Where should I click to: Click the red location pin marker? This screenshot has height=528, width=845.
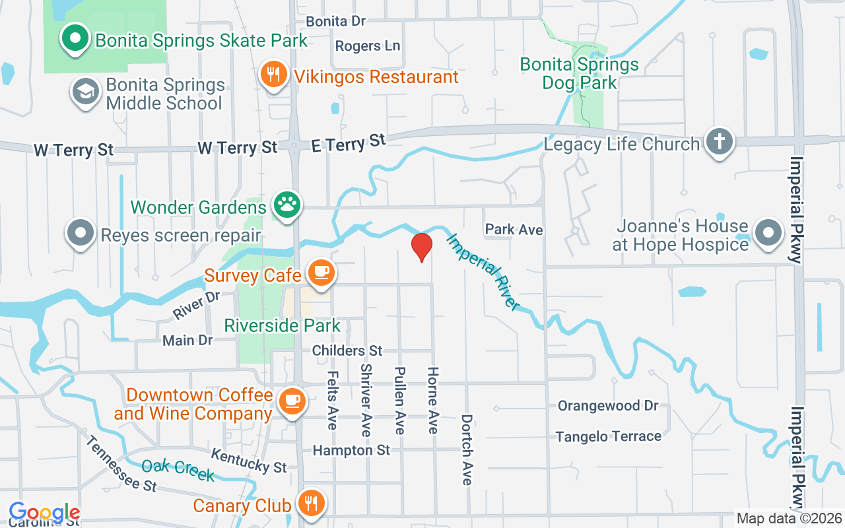click(421, 247)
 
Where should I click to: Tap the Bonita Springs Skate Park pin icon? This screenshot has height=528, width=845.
click(76, 39)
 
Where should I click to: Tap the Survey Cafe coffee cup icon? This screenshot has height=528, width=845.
click(321, 273)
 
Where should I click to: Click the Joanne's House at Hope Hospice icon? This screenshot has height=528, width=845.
click(768, 234)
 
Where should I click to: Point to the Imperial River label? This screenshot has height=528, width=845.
click(483, 271)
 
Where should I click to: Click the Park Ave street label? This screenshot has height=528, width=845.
click(514, 230)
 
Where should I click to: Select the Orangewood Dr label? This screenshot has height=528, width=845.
click(608, 405)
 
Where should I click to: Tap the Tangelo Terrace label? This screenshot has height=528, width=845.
click(608, 436)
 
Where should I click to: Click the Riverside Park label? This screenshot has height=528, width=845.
click(283, 325)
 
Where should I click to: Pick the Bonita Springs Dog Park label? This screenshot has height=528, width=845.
click(579, 73)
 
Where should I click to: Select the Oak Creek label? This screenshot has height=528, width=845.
click(178, 469)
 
